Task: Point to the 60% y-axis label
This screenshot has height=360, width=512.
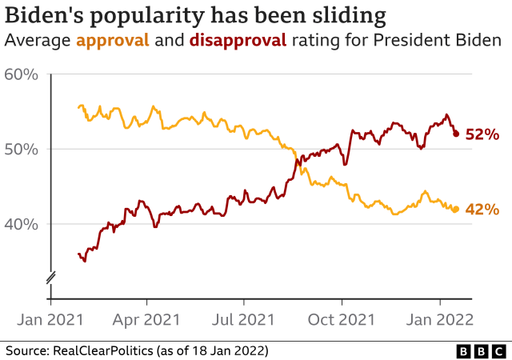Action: pos(21,75)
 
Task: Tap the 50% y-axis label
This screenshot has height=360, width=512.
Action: pos(21,150)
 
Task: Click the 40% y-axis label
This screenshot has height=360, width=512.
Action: pos(21,224)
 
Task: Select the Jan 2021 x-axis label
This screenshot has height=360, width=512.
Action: pos(51,319)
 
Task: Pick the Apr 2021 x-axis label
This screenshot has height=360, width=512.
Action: pos(147,319)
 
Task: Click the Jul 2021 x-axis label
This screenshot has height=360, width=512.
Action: pos(244,319)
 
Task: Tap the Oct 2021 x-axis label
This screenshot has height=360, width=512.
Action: pos(342,319)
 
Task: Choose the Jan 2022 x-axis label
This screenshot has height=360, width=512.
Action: pos(439,319)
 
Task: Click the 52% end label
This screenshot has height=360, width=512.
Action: pos(482,134)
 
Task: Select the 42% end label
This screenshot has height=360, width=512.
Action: pos(482,210)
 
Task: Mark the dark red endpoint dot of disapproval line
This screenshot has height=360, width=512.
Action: pos(456,134)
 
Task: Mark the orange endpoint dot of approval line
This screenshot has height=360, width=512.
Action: pos(456,210)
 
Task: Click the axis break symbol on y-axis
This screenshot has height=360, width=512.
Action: pos(50,278)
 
